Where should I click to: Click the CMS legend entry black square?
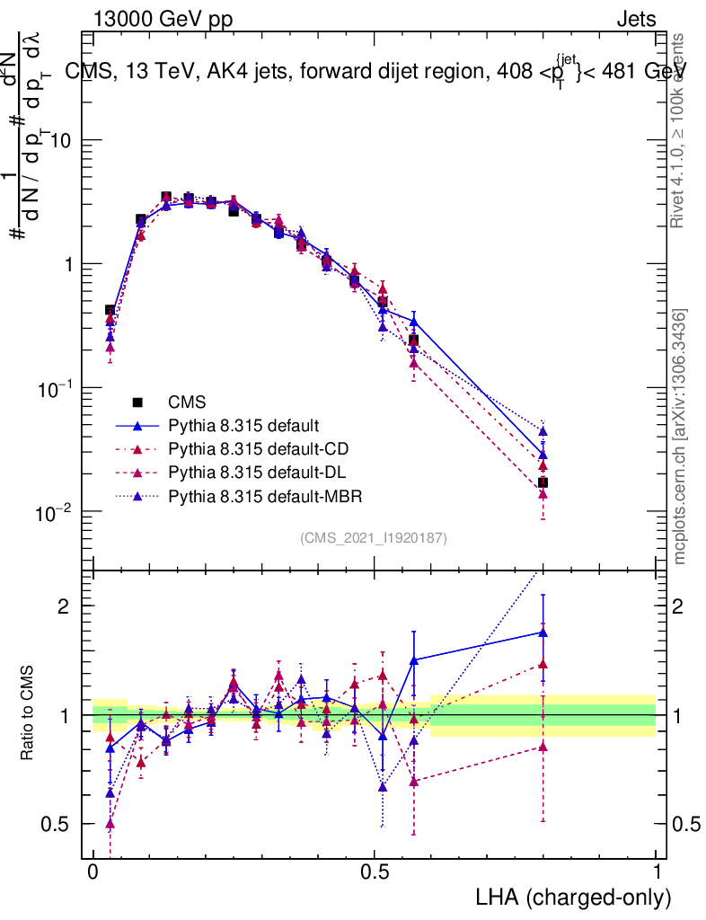138,402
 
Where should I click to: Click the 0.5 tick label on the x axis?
375,872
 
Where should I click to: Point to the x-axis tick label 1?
657,872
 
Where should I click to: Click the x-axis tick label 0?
93,872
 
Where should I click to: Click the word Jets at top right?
635,20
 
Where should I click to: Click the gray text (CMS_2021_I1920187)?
374,537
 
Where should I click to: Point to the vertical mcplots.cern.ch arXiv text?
681,437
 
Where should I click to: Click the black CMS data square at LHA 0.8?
543,482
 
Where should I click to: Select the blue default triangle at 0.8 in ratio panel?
543,632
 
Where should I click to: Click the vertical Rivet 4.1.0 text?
679,131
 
